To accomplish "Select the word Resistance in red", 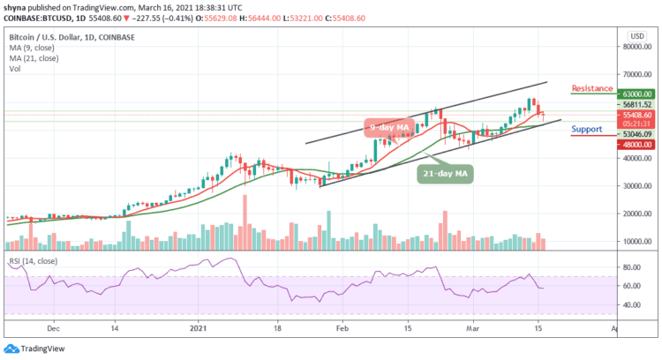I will [x=593, y=88].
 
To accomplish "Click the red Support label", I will [x=587, y=129].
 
